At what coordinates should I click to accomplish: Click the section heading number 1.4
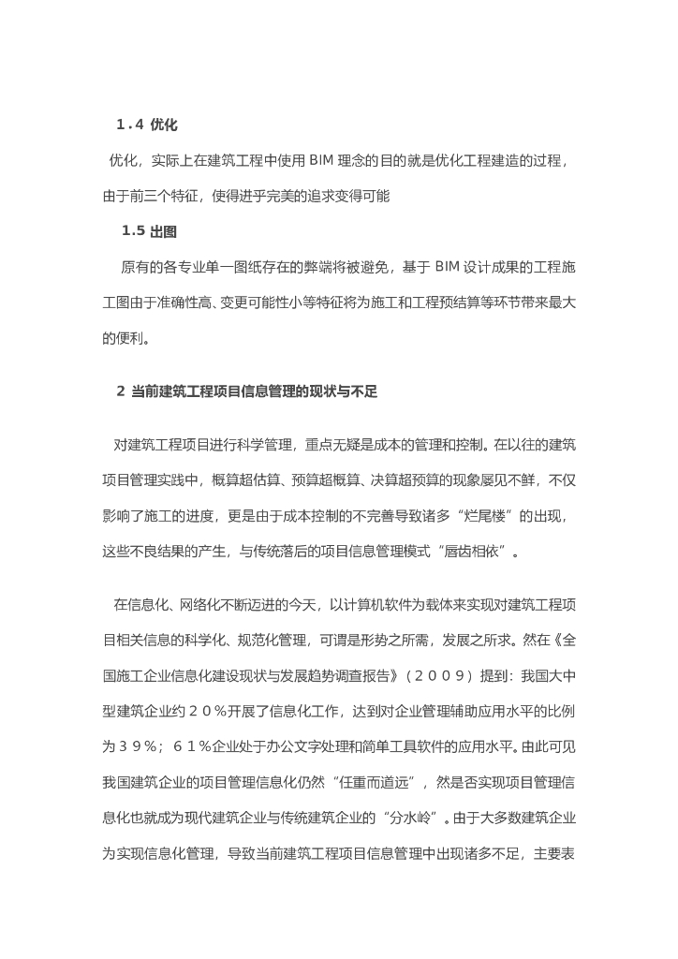tap(129, 125)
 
